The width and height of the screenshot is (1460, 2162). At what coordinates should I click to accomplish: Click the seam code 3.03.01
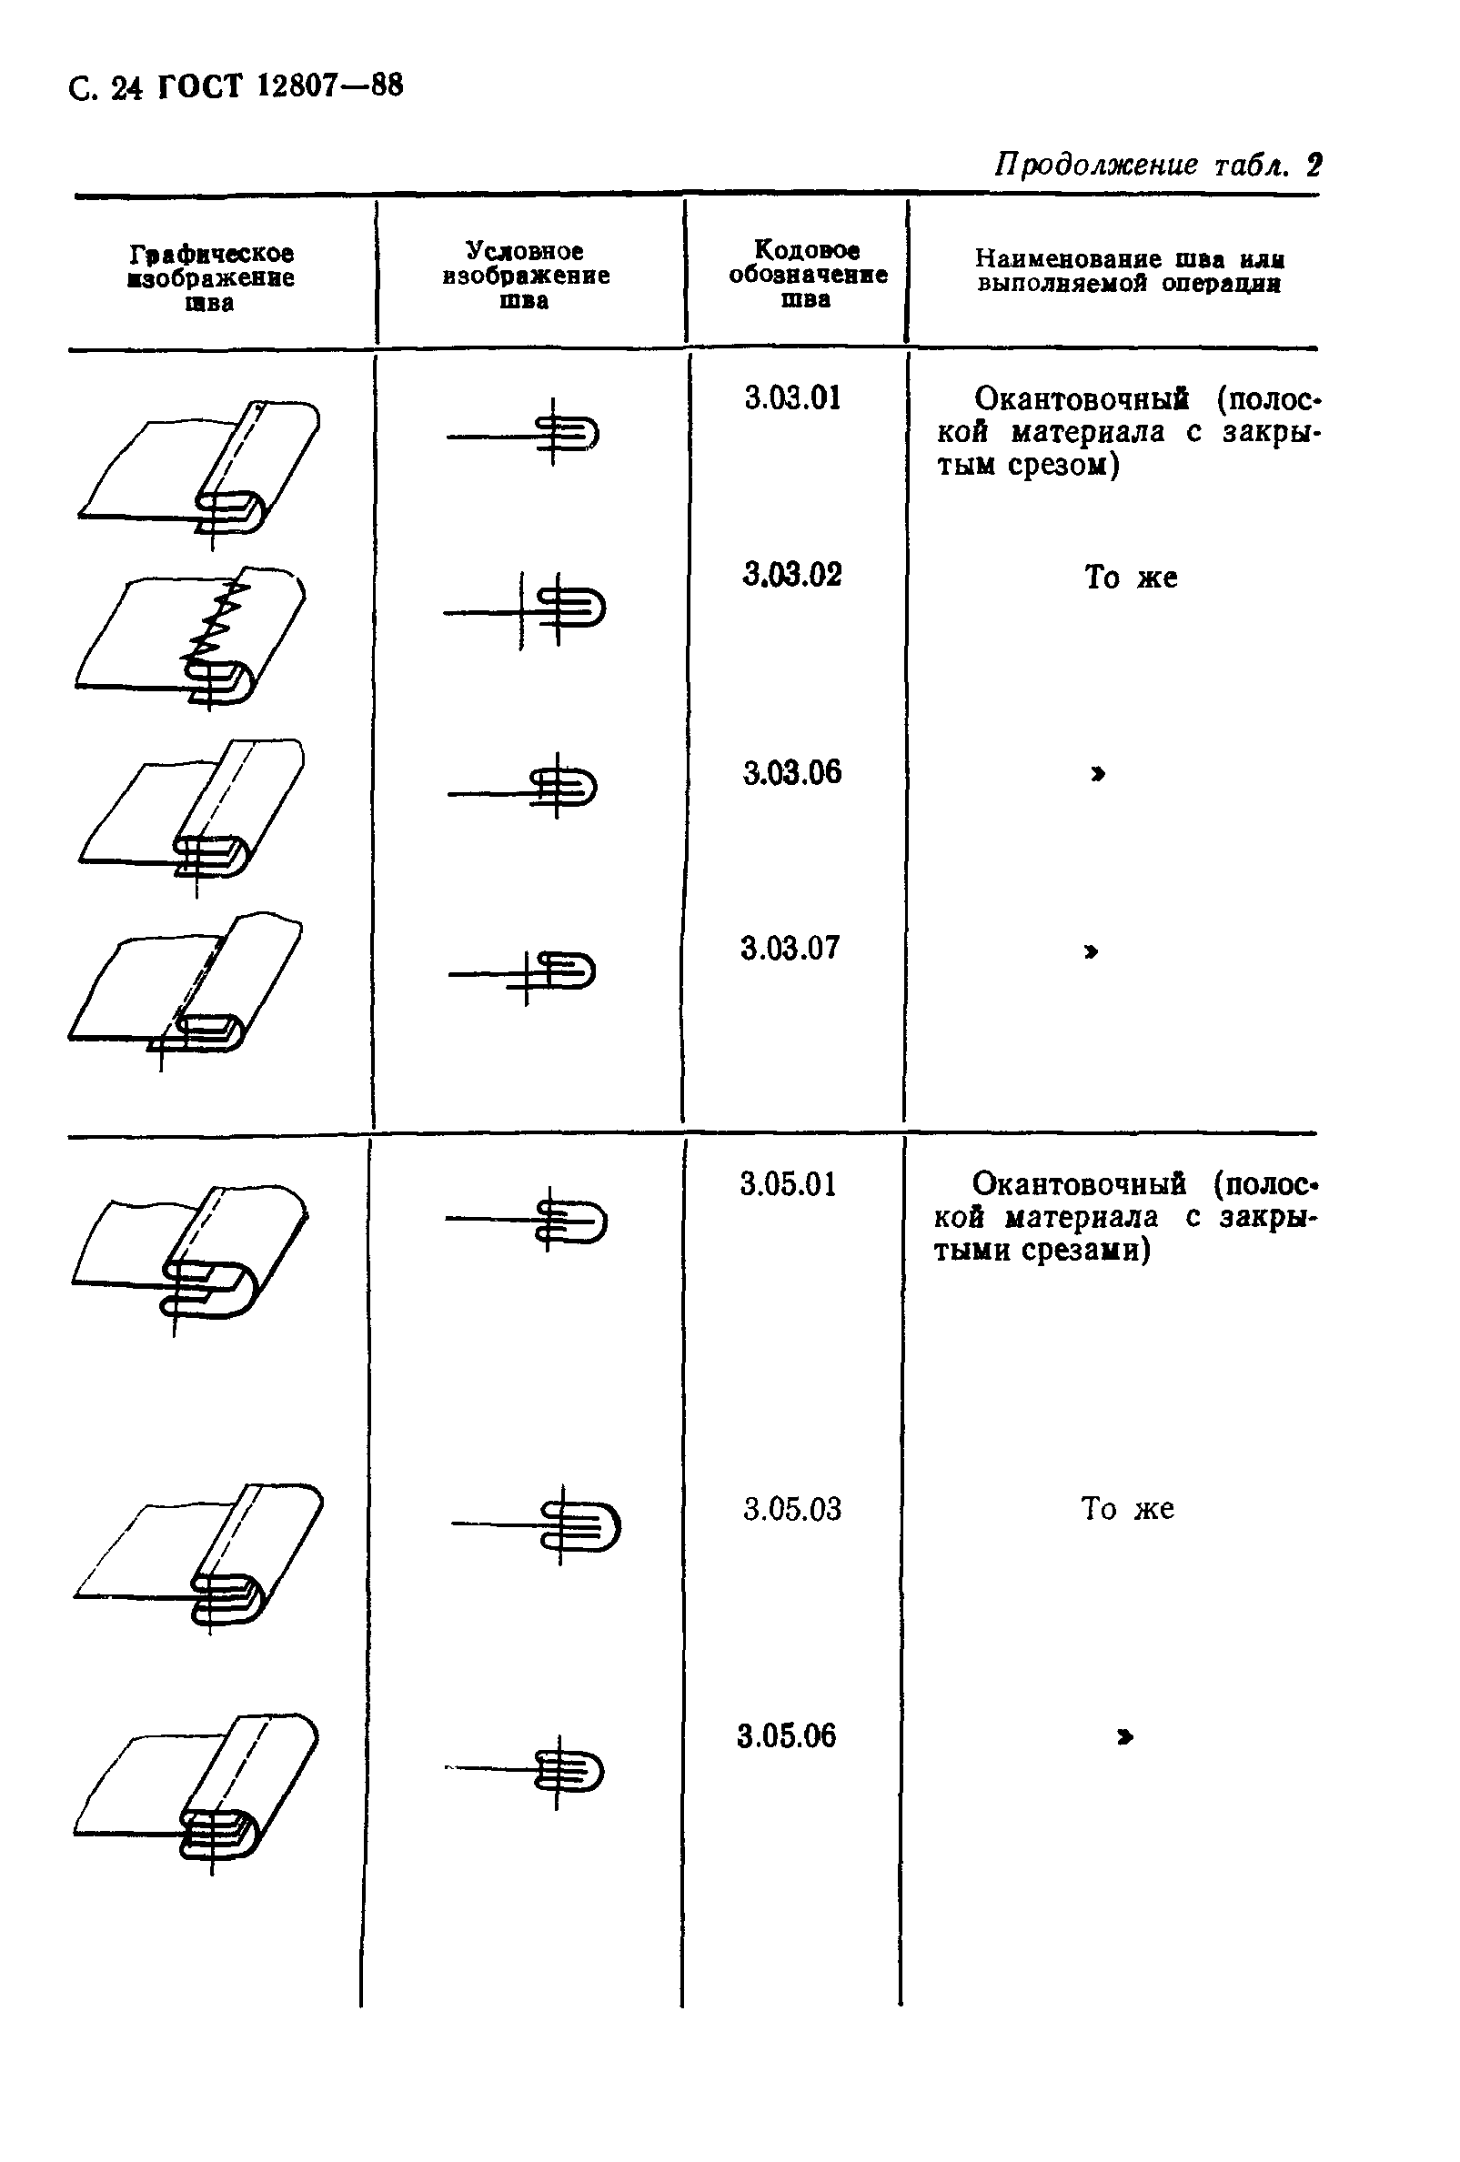tap(792, 398)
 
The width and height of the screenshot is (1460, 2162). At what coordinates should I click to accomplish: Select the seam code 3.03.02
tap(792, 574)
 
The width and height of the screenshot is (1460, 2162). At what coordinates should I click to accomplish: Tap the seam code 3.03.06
tap(792, 772)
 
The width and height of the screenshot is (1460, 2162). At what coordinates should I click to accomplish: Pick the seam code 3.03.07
tap(790, 948)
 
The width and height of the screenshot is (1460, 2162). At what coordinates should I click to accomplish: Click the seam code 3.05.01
tap(788, 1184)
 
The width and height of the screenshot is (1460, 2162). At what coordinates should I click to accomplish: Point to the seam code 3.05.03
tap(792, 1508)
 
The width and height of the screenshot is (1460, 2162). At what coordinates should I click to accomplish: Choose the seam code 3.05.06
tap(786, 1735)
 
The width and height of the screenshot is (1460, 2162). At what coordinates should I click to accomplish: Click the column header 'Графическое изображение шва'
tap(211, 277)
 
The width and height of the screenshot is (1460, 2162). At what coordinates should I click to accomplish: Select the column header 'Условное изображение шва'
tap(526, 276)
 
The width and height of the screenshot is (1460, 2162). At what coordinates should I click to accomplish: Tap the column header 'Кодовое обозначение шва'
tap(807, 275)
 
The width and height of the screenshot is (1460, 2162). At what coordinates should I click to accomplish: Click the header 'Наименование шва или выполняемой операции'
tap(1130, 271)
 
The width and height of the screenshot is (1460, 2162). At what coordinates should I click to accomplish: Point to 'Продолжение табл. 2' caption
tap(1158, 165)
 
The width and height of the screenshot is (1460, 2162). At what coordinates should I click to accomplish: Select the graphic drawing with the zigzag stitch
tap(191, 639)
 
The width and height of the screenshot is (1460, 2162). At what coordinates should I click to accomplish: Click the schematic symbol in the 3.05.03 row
tap(537, 1524)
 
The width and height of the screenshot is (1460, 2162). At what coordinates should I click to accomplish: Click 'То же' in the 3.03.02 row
tap(1131, 577)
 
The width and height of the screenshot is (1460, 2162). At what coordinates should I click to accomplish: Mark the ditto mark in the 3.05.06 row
tap(1125, 1736)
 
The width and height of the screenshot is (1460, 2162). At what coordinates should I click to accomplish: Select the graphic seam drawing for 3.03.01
tap(198, 473)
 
